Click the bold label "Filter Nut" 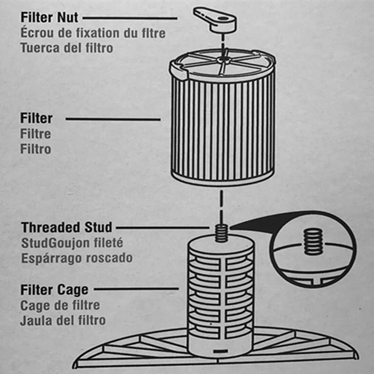[49, 17]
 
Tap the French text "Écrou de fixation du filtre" [93, 33]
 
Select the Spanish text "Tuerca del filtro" [67, 48]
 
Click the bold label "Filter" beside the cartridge [36, 118]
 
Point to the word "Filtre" [36, 134]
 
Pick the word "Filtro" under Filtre [36, 149]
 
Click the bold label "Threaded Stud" [66, 227]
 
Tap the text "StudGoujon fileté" [72, 243]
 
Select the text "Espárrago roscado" [77, 258]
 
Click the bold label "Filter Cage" [54, 290]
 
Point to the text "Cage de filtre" [60, 305]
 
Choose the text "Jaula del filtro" [63, 321]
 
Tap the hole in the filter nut [223, 18]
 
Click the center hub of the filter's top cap [223, 59]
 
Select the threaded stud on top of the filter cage [221, 233]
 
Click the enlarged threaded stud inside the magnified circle [313, 241]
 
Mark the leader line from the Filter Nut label [130, 18]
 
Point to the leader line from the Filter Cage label [137, 289]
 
